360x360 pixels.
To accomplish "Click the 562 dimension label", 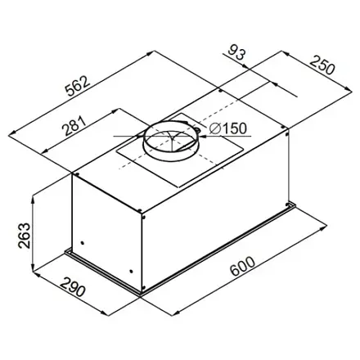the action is [x=78, y=86].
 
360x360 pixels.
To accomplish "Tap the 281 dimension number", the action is [x=74, y=125].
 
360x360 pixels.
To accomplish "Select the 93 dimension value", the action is [x=236, y=52].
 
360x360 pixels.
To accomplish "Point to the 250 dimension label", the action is [x=322, y=65].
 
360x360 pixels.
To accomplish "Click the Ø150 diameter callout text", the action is [x=228, y=128].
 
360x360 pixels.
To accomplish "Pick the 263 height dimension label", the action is [x=24, y=236].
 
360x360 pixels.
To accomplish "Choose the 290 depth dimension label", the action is [x=73, y=287].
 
